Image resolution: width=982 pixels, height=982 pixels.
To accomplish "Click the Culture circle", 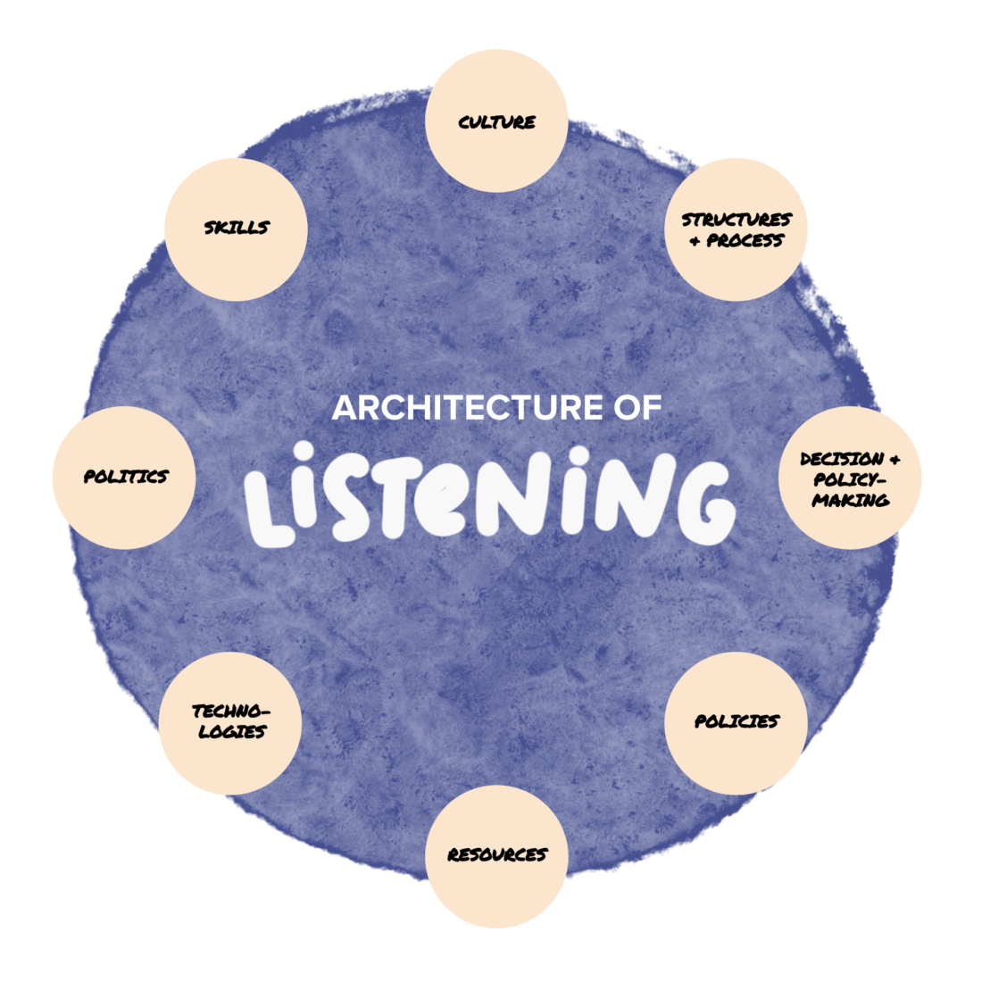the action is point(496,121).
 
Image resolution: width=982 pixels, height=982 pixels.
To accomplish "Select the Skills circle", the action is point(236,229).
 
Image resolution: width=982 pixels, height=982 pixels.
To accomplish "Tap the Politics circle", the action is point(124,478).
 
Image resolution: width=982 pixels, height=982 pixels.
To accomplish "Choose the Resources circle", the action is point(496,856).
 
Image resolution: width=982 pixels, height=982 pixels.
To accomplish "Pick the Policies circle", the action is point(736,723).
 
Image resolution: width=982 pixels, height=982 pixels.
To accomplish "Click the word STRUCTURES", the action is point(736,220).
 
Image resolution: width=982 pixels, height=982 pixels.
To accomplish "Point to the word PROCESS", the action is point(745,240).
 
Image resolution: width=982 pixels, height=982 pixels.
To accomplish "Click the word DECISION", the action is point(842,459).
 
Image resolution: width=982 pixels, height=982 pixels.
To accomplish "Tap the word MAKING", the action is point(851,500).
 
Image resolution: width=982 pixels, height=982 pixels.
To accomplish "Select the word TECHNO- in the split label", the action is point(231,712).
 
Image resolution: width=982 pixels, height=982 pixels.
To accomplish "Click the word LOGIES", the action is point(232,731).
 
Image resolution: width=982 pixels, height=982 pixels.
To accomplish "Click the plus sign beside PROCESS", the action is point(695,241).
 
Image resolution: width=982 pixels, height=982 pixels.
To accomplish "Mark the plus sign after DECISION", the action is point(895,459).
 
